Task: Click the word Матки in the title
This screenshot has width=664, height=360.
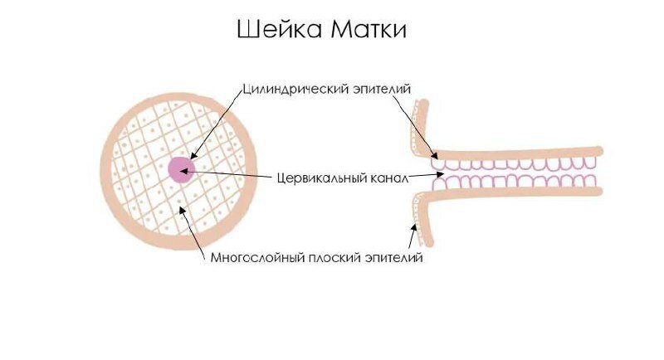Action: click(371, 32)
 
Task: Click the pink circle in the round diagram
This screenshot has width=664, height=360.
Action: click(181, 169)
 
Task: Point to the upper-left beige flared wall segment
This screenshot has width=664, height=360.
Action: click(422, 124)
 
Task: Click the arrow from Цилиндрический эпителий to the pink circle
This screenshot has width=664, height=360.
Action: click(217, 124)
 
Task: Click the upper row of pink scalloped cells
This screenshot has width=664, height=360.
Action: click(515, 164)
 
